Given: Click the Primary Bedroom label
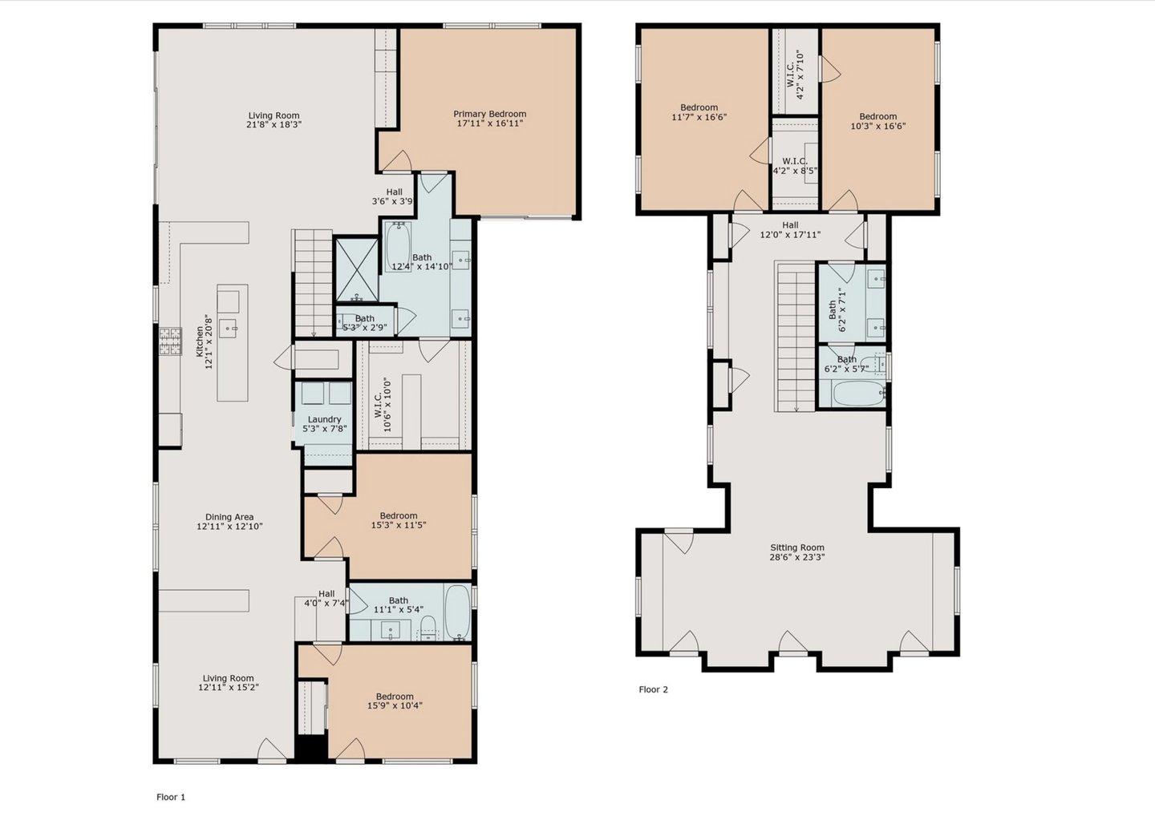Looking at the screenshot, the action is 489,114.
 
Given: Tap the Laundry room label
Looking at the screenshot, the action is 324,419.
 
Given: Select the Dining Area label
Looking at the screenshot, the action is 229,517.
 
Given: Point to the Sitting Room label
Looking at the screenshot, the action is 797,547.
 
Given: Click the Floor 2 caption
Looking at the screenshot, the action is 653,689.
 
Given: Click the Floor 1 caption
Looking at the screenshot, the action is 171,797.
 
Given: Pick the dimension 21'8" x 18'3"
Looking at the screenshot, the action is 274,124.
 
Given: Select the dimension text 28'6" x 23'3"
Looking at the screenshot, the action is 797,557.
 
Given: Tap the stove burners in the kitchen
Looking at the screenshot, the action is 170,341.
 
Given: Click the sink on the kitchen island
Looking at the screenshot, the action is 228,328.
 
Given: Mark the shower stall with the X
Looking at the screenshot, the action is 357,269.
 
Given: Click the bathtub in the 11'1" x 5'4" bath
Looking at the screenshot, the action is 457,612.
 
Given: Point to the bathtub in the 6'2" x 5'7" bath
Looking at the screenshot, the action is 858,394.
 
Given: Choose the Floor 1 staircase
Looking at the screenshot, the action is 313,283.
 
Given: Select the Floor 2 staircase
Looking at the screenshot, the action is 795,337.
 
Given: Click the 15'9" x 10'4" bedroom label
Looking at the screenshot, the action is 395,701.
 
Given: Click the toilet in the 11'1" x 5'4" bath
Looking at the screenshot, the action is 428,627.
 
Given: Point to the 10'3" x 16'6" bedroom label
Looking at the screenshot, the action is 877,121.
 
